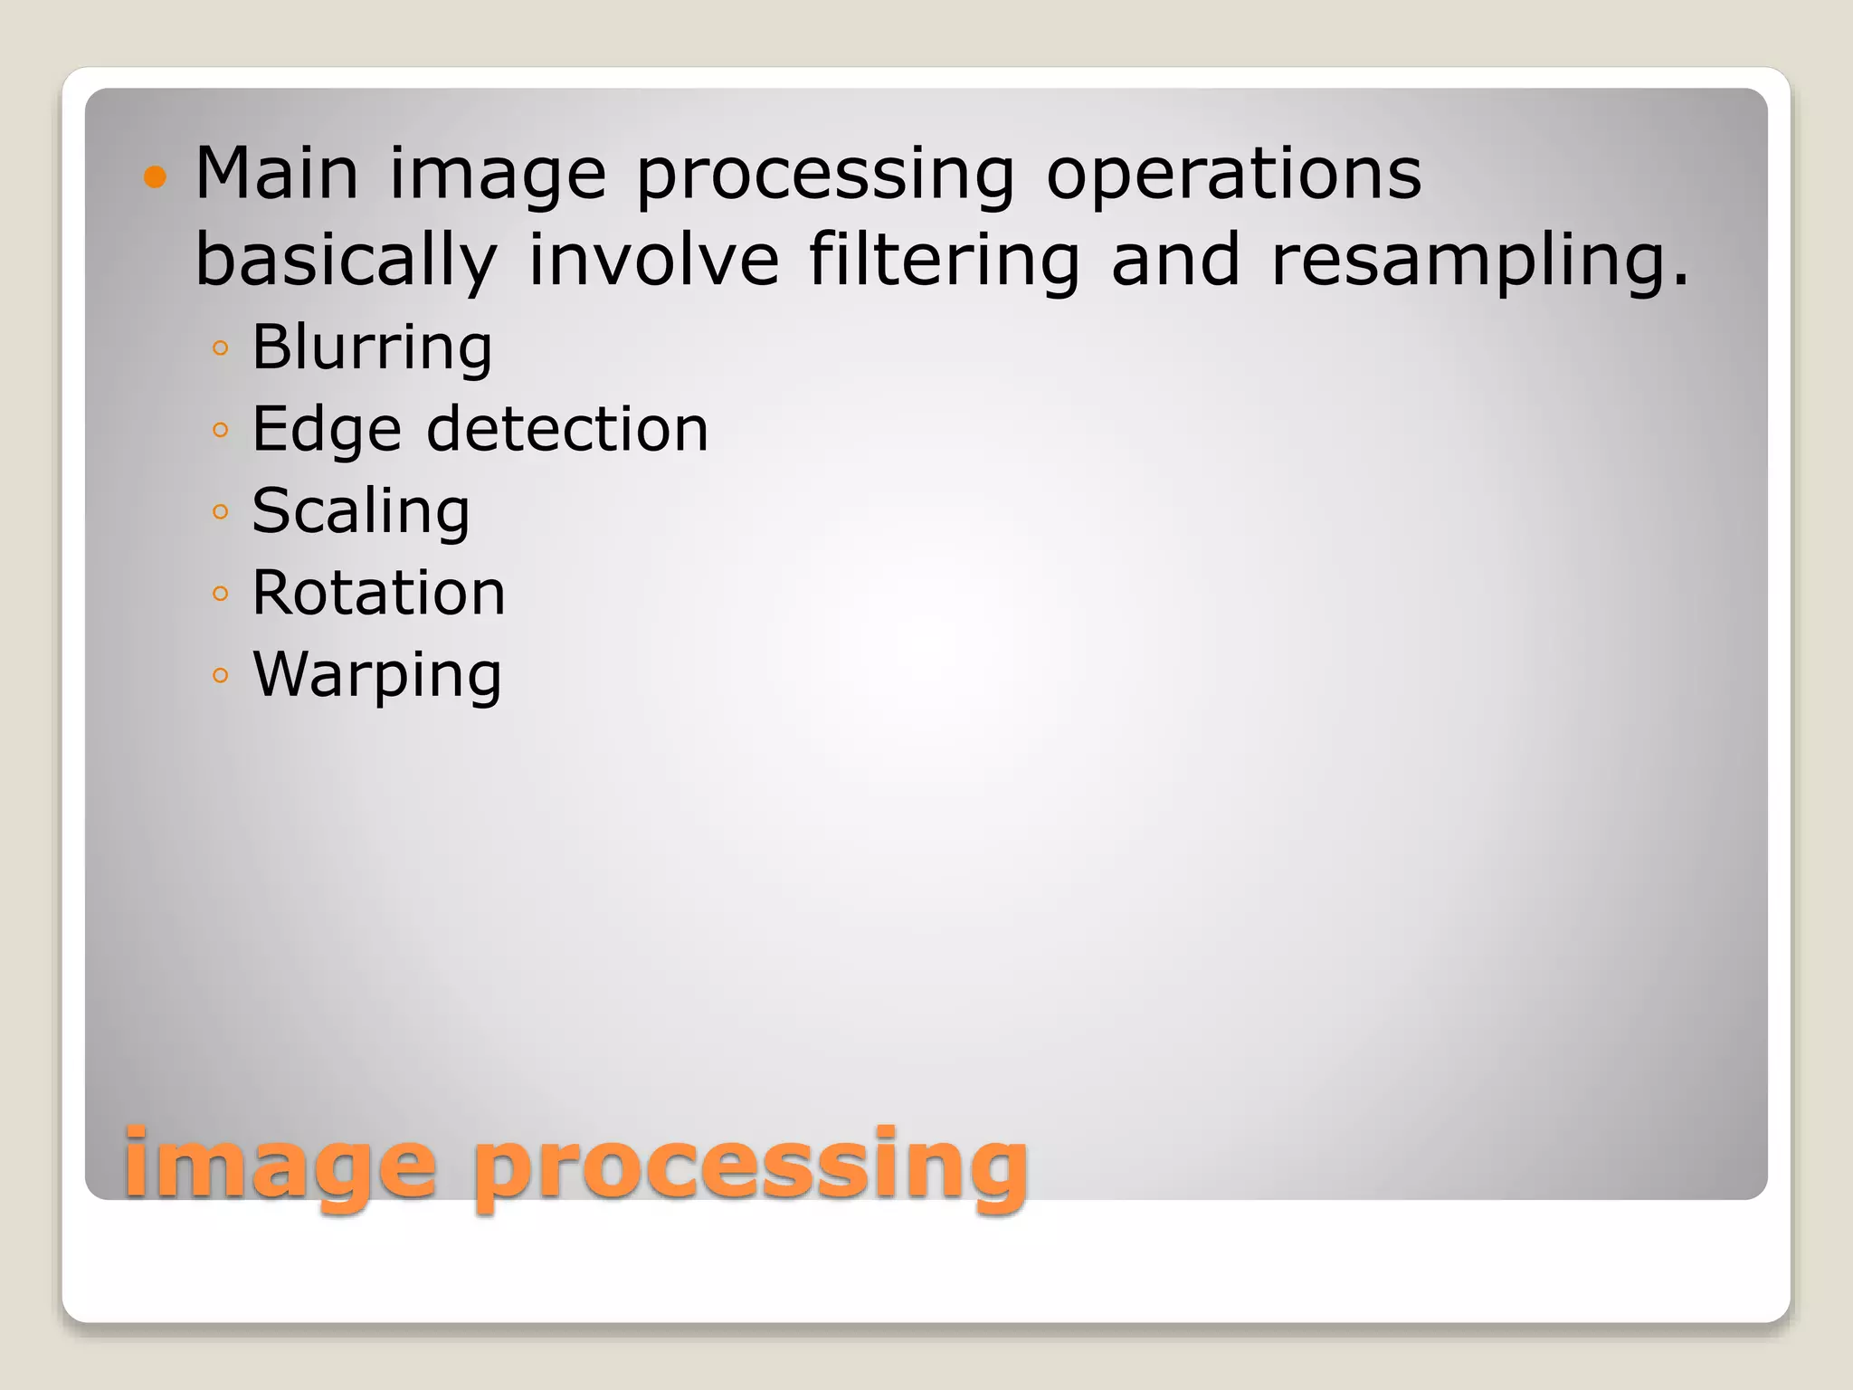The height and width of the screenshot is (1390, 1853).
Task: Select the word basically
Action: (x=347, y=260)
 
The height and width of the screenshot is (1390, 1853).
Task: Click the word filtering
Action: (x=944, y=260)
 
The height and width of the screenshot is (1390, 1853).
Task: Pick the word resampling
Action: (x=1480, y=260)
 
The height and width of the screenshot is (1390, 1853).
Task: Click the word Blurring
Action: (x=372, y=347)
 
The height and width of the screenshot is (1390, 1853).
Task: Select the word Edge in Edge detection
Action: (x=326, y=429)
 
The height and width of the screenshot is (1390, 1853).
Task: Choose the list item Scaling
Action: (x=361, y=511)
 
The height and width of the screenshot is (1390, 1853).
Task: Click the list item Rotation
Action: (x=378, y=593)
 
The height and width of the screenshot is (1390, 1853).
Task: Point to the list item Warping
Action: (x=376, y=675)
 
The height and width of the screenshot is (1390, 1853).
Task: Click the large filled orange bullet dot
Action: (x=156, y=176)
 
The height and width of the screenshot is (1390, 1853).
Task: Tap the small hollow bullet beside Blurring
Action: (x=220, y=348)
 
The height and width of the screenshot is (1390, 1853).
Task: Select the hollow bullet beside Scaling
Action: (x=220, y=512)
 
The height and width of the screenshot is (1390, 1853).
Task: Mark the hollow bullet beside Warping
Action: (x=220, y=676)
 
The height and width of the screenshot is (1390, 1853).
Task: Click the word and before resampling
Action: (x=1175, y=259)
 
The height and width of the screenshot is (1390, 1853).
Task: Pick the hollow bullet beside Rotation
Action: (x=220, y=595)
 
